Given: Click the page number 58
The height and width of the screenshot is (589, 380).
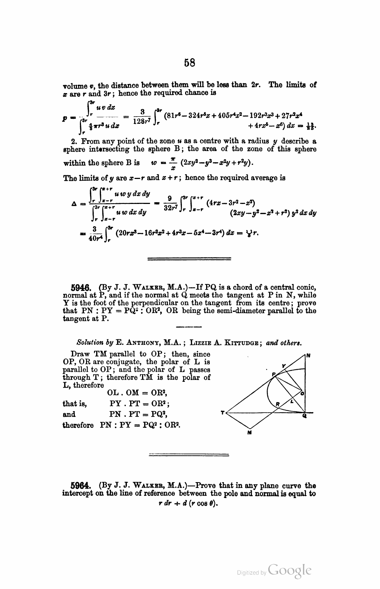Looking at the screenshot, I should tap(189, 63).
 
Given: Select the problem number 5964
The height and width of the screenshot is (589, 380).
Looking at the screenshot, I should tap(82, 485).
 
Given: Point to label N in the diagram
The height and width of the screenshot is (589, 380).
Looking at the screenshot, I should tap(308, 356).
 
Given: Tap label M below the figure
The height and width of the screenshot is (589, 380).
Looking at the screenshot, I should tap(249, 432).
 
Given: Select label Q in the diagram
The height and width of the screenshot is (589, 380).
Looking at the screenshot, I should tap(304, 417).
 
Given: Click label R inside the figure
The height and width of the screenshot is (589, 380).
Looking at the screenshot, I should tap(277, 404).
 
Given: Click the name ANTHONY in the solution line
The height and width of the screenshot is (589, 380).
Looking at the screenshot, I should tap(138, 342).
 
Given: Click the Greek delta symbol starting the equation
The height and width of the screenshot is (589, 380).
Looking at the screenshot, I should tap(73, 204).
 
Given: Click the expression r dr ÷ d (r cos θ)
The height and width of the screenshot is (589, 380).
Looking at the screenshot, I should tap(189, 505).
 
